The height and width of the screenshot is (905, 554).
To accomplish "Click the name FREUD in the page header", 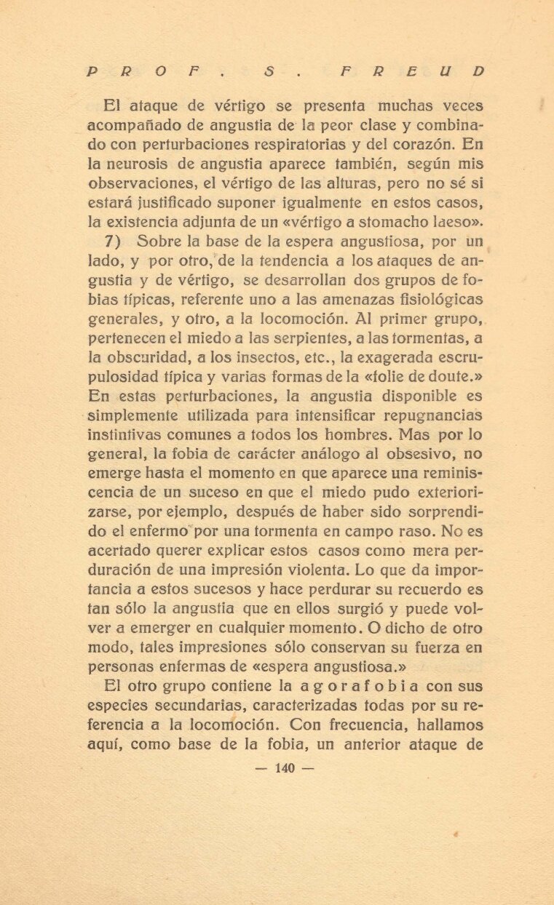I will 411,71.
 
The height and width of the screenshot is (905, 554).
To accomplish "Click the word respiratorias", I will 333,145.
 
